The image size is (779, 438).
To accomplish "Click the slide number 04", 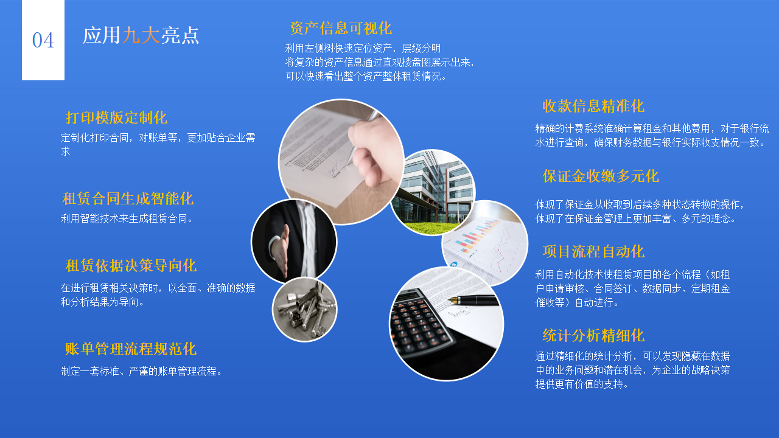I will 43,40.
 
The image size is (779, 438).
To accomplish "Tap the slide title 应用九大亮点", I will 141,35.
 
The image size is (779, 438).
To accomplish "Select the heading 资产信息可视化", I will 341,28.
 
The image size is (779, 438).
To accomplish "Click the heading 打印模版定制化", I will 116,117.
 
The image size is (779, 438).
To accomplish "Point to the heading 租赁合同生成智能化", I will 128,198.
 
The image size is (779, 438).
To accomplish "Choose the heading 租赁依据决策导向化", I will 131,265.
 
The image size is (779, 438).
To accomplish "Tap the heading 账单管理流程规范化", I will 131,349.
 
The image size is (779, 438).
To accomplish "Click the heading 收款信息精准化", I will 593,106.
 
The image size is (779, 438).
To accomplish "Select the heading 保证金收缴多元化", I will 601,176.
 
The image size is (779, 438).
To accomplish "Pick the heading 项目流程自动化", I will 593,251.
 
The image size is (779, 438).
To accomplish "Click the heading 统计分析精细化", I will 593,335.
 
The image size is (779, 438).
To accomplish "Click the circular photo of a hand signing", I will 341,161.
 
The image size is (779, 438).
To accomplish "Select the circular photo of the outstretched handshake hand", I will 293,242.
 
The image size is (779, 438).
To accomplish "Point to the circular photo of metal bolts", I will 304,309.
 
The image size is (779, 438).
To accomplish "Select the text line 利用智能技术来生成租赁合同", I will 127,218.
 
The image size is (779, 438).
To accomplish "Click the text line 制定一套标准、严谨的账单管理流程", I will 142,370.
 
